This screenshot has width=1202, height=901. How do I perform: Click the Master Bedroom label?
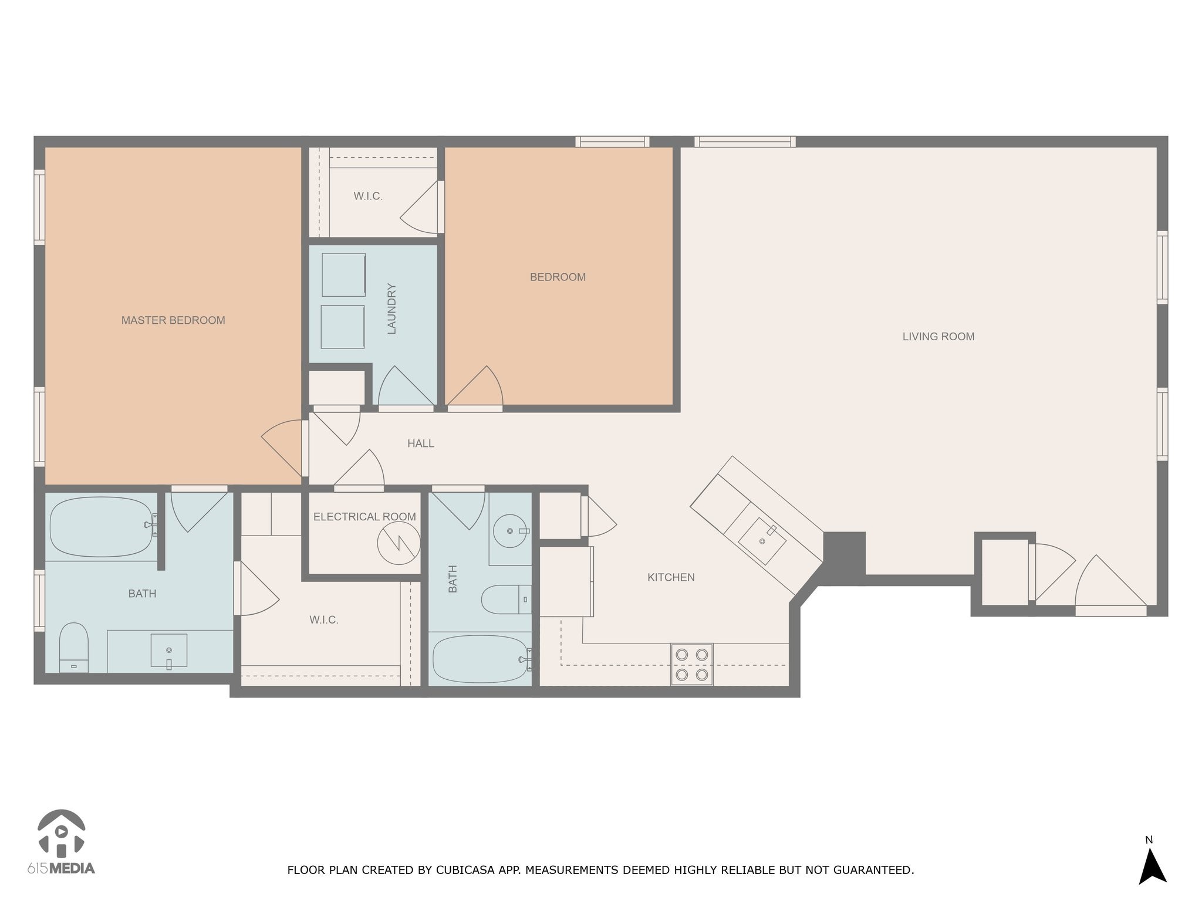click(173, 320)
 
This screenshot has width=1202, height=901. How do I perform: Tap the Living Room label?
click(938, 337)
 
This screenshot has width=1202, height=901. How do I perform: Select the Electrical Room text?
click(364, 517)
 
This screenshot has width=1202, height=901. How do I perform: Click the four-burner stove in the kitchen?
click(692, 665)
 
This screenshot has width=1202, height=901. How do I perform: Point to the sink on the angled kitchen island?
click(762, 541)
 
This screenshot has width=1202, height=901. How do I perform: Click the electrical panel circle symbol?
click(399, 543)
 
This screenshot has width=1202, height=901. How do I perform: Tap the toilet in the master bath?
click(74, 648)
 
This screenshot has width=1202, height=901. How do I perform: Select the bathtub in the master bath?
click(101, 527)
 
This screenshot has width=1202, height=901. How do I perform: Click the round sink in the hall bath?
click(510, 531)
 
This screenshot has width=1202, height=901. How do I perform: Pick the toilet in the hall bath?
click(507, 599)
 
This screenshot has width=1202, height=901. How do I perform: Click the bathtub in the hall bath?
click(481, 659)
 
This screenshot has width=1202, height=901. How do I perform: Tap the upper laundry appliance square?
click(344, 275)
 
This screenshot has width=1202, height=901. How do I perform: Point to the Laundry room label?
click(392, 309)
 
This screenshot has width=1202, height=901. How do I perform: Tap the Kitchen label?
click(671, 577)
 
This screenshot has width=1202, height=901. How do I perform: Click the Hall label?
click(421, 443)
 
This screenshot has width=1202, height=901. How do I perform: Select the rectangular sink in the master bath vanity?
click(169, 650)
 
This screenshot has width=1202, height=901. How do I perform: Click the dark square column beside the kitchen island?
click(844, 554)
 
